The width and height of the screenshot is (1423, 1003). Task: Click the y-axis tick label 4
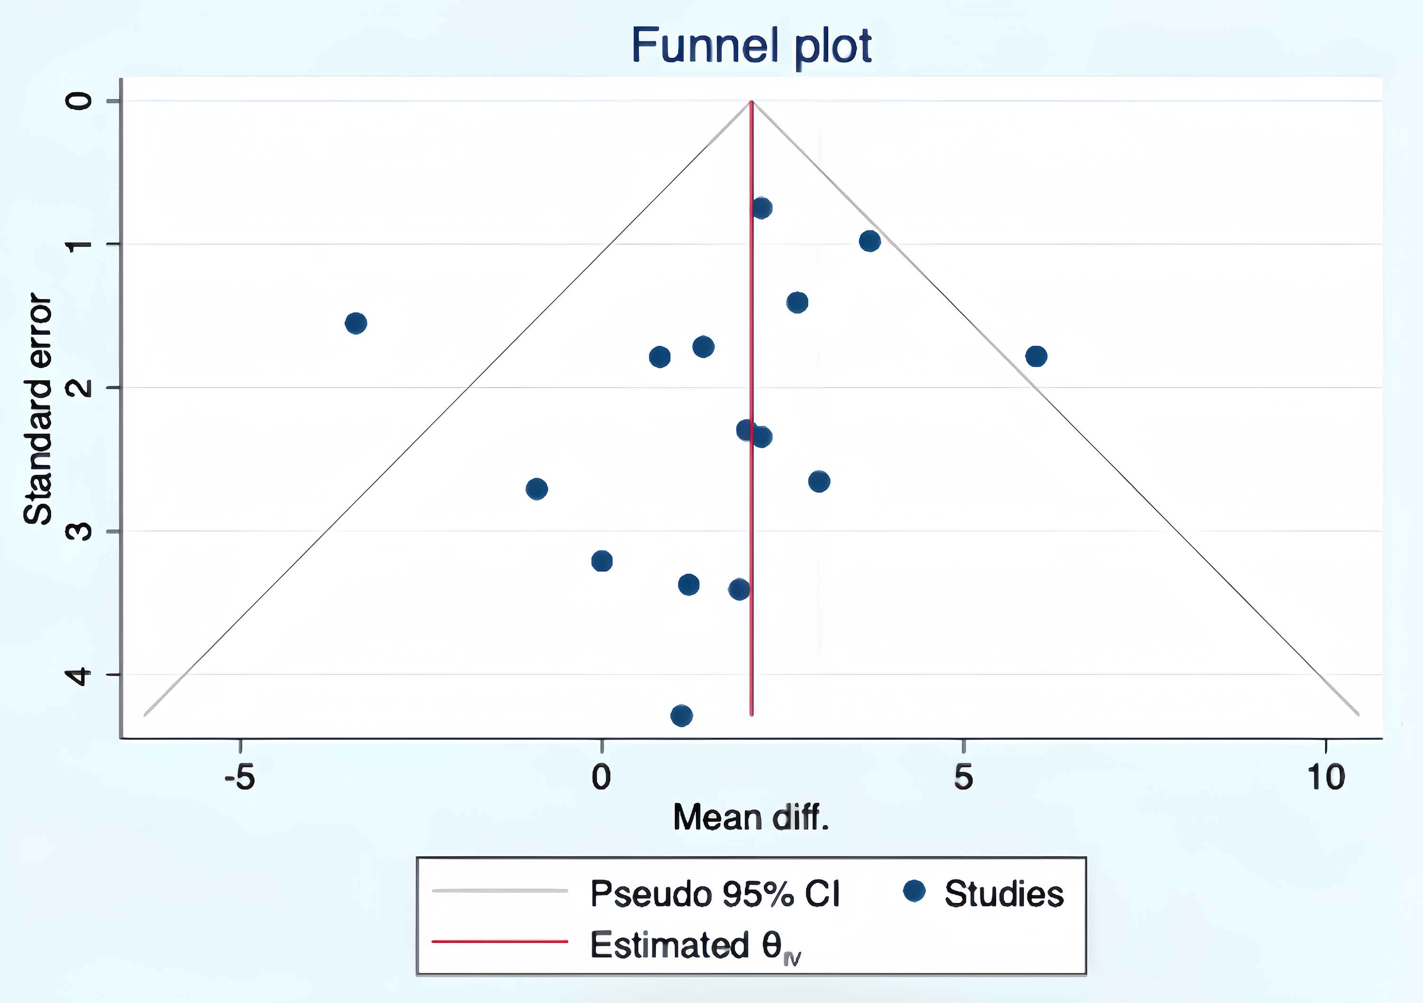coord(79,675)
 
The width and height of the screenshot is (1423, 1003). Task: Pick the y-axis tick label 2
coord(79,388)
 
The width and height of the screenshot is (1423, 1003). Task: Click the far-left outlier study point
coord(356,323)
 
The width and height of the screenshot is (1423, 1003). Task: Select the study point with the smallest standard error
coord(762,208)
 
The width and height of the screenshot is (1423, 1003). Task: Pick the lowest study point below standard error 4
coord(682,715)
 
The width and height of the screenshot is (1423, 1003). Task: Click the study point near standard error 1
coord(869,241)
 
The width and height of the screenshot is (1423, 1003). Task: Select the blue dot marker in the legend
coord(914,892)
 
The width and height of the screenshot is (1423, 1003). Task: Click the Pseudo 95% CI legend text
coord(715,894)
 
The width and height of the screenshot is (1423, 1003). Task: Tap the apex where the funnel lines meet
coord(751,102)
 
